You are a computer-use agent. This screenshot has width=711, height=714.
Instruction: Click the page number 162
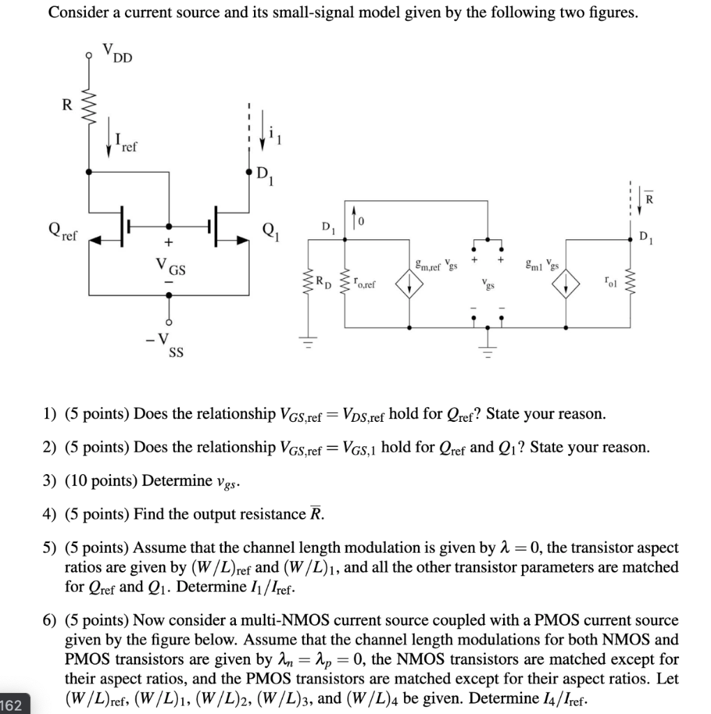(11, 705)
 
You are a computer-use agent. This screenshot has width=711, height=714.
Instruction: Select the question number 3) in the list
(50, 481)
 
